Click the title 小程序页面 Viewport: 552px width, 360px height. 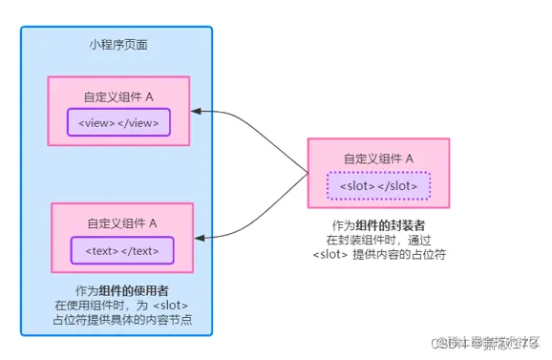(x=117, y=45)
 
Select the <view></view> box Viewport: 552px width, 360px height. (x=119, y=122)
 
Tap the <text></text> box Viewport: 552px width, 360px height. (x=122, y=250)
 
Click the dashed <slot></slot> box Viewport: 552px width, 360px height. (x=379, y=184)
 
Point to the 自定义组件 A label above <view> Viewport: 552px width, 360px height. (x=119, y=96)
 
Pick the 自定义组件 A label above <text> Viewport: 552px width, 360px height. (x=122, y=223)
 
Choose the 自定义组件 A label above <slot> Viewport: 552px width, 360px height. (x=378, y=159)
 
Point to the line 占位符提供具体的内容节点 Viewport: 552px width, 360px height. (x=121, y=319)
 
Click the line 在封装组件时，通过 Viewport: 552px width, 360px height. (x=379, y=240)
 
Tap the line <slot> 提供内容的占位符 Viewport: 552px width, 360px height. (x=379, y=254)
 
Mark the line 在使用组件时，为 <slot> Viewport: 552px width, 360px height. (x=121, y=305)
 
